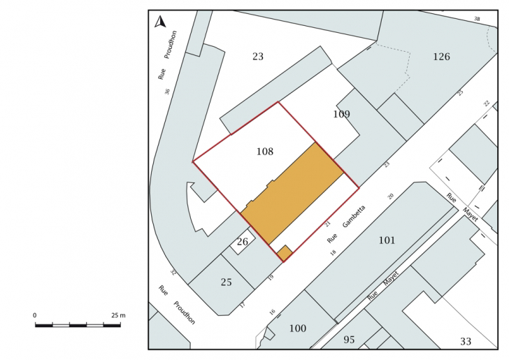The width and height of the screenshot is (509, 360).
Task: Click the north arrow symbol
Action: (x=160, y=22)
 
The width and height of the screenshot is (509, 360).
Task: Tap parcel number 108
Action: (x=265, y=152)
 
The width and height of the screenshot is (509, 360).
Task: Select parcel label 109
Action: (x=341, y=114)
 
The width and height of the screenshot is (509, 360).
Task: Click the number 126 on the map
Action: (x=441, y=57)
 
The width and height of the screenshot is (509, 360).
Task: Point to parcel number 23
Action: (x=258, y=57)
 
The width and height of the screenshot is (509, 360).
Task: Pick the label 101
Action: (x=387, y=240)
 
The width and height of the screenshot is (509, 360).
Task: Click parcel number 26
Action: (x=243, y=242)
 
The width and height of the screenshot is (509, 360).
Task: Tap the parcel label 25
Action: (x=227, y=282)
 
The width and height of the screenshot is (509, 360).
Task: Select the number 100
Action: (x=298, y=329)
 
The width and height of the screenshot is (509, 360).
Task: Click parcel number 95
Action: (x=349, y=340)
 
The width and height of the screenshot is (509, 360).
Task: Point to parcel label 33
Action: (x=466, y=342)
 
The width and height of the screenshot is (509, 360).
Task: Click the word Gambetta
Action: (x=354, y=216)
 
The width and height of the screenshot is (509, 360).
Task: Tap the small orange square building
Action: (x=285, y=253)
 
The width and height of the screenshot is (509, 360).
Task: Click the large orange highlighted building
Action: (x=292, y=194)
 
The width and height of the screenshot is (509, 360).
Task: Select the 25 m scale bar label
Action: (x=118, y=315)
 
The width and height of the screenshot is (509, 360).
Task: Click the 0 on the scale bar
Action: (x=35, y=315)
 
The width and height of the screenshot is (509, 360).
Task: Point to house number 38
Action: (x=477, y=19)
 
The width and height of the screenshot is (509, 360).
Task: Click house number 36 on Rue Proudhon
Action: (x=167, y=92)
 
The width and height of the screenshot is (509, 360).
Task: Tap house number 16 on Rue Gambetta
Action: (x=272, y=312)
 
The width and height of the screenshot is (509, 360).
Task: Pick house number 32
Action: (x=173, y=273)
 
